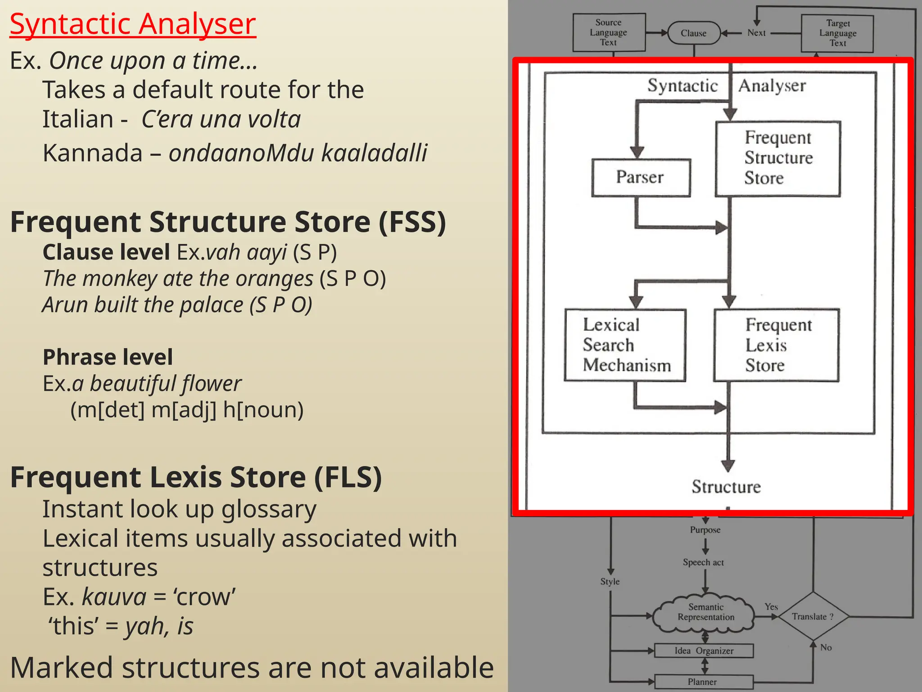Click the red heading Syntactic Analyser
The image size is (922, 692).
[x=133, y=24]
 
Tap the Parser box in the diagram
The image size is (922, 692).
[x=641, y=178]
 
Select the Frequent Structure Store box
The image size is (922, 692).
[x=778, y=158]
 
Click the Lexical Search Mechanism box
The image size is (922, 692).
[x=625, y=345]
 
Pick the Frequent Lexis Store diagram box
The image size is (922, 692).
[x=777, y=345]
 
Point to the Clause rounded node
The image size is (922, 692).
[x=694, y=33]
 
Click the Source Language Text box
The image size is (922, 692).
[x=609, y=32]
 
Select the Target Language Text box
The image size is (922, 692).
[x=837, y=33]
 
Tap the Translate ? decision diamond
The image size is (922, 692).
[x=813, y=616]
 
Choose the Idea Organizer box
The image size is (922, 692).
[x=704, y=651]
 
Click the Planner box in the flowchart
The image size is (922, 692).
[x=703, y=682]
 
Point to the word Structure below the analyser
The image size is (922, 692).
[x=726, y=487]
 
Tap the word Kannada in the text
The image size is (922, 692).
[x=92, y=153]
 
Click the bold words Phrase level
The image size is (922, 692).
[x=108, y=357]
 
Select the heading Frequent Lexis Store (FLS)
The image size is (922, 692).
[x=196, y=478]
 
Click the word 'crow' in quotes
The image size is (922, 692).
[x=204, y=597]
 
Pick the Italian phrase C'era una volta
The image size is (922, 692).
[x=221, y=119]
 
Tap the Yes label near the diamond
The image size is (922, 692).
[x=771, y=607]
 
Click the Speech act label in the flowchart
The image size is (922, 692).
[x=703, y=562]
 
